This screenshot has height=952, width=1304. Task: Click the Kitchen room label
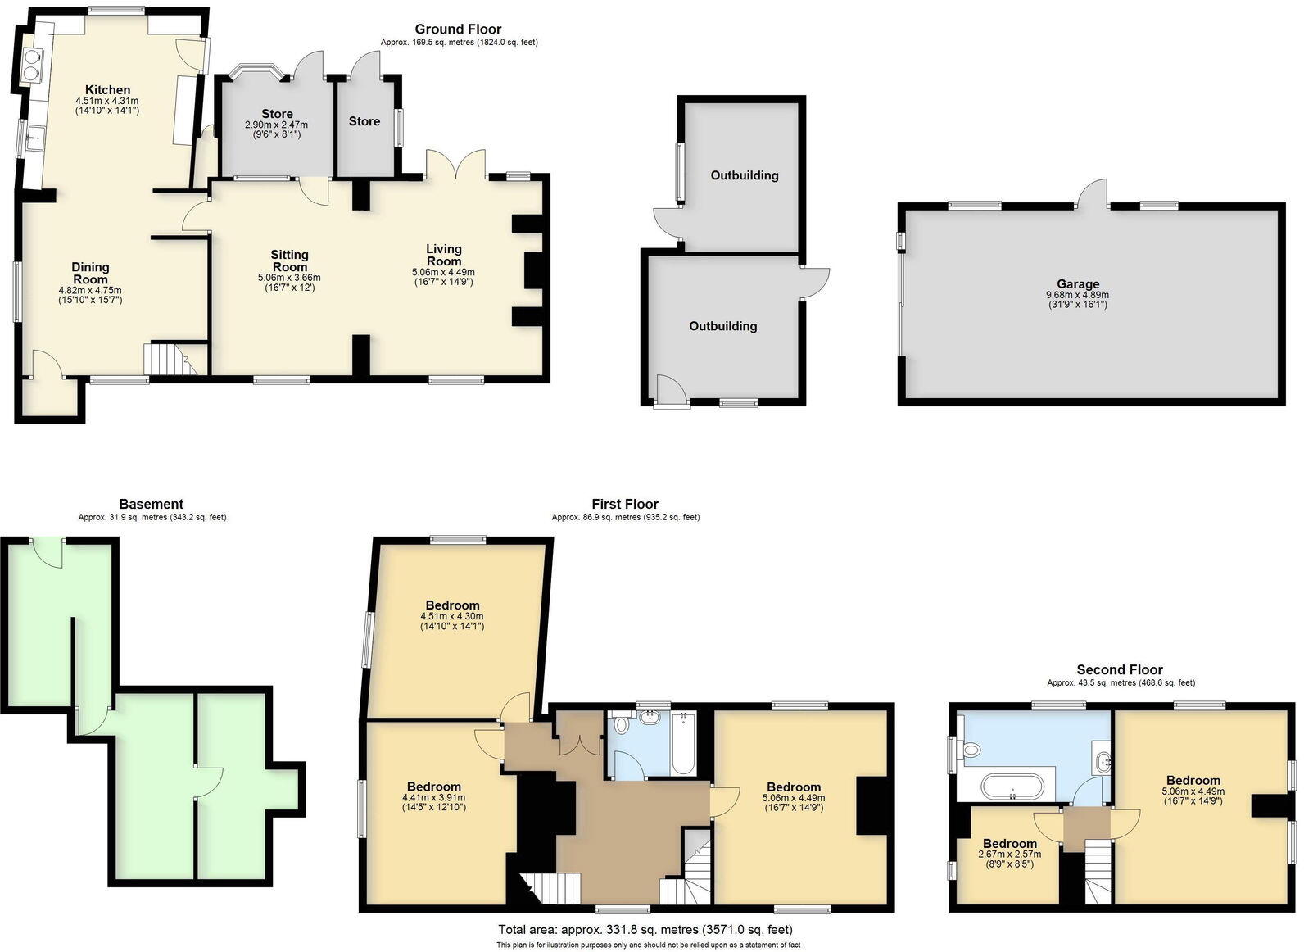point(108,90)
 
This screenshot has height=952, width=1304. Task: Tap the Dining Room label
point(90,273)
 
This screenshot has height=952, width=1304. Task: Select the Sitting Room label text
point(289,261)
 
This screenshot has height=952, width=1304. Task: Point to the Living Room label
point(443,255)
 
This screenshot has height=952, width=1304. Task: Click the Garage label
point(1077,284)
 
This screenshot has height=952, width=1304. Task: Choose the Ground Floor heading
point(458,29)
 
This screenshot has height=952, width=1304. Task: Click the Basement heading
point(151,504)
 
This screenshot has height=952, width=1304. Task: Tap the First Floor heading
point(625,504)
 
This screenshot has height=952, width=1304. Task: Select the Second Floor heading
point(1120,669)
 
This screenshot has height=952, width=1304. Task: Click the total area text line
point(645,929)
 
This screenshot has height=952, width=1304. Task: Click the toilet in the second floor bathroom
point(971,749)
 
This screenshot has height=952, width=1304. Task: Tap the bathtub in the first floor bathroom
point(684,743)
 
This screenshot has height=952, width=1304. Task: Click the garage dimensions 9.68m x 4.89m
point(1077,295)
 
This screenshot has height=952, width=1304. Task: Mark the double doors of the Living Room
point(456,162)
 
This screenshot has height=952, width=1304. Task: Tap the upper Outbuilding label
point(744,175)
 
